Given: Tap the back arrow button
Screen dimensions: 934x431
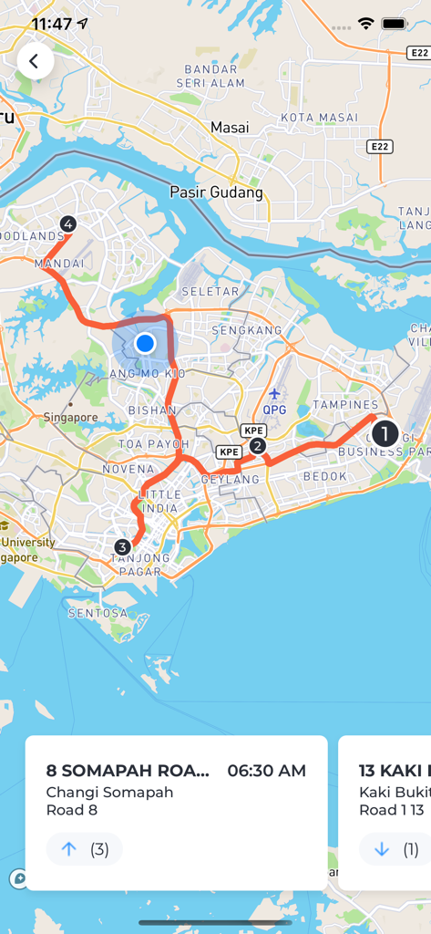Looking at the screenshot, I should (35, 61).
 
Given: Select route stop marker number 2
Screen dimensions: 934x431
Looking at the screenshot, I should (258, 445).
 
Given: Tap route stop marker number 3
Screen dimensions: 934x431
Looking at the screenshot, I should (122, 547).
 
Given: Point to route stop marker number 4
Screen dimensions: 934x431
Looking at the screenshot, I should (67, 223).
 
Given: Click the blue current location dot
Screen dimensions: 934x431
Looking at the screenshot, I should (145, 343).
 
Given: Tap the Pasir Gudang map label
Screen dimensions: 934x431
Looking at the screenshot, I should (216, 192).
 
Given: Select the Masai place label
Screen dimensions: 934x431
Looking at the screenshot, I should (230, 128).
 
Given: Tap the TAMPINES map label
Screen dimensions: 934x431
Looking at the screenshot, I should (345, 404).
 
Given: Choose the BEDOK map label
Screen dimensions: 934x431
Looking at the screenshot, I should (325, 476).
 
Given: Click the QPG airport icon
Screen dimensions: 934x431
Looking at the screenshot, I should (274, 394).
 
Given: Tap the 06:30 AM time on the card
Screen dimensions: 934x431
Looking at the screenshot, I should (266, 771).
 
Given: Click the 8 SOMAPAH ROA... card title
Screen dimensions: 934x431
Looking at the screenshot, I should (128, 771).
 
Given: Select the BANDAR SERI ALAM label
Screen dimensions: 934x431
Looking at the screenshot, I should (215, 76).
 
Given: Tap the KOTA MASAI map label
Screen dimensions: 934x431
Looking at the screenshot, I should (319, 118).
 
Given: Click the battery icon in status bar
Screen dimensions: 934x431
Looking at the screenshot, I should (395, 24).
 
